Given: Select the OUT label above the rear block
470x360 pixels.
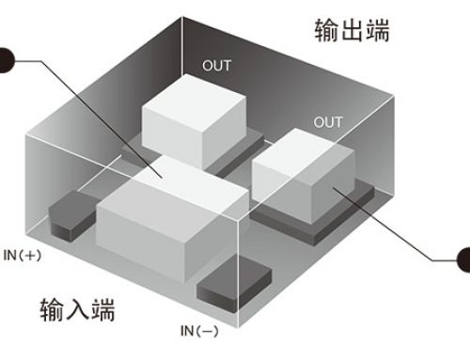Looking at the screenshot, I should (x=216, y=66).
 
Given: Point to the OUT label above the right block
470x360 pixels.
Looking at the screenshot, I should (x=328, y=123).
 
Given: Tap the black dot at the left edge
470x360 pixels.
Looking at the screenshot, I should (x=4, y=62).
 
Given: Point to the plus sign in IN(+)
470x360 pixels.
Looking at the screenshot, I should (x=29, y=255).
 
